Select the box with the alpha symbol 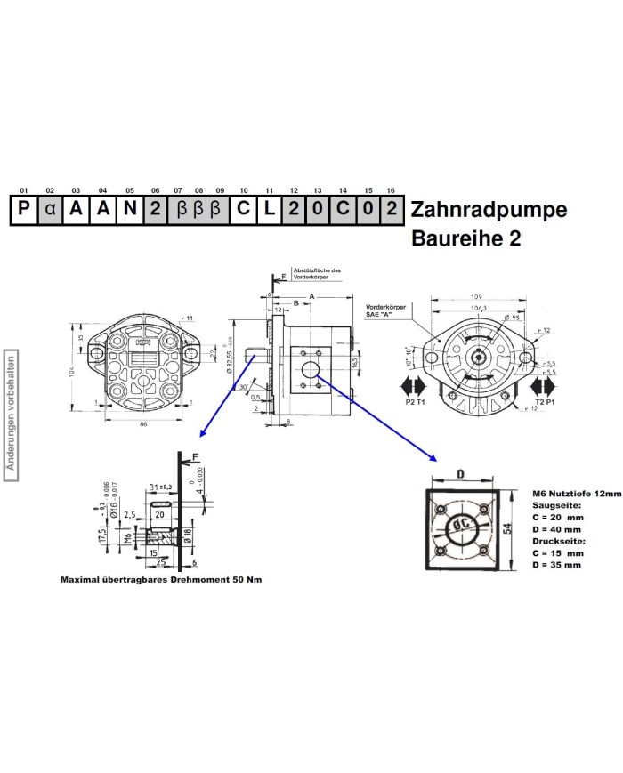51,211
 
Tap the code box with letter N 130,211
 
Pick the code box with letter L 269,211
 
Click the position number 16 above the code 391,190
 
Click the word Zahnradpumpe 488,211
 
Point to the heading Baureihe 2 465,239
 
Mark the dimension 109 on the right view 477,295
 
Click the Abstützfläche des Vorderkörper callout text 317,274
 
